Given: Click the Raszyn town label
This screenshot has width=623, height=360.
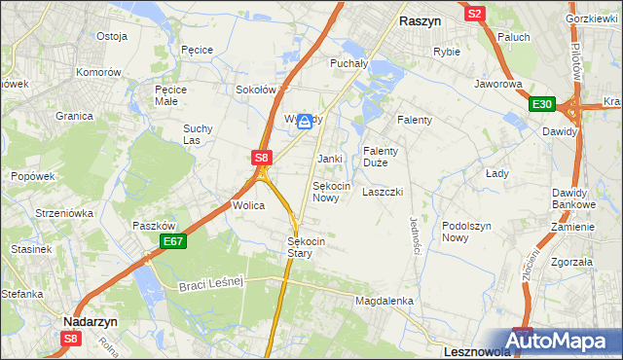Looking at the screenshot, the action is [x=421, y=18].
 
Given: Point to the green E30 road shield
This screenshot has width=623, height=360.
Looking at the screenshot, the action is [x=542, y=105].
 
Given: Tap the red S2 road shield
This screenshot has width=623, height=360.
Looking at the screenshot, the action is [x=475, y=14].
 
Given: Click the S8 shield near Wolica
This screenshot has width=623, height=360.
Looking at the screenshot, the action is [x=261, y=156].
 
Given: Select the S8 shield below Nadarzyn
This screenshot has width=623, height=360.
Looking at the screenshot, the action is [x=70, y=339].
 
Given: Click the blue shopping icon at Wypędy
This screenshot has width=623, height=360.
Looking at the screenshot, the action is [x=306, y=121].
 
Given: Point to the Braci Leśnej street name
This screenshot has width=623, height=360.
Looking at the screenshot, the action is [x=210, y=283].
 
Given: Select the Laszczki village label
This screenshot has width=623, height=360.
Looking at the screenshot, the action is [x=383, y=192].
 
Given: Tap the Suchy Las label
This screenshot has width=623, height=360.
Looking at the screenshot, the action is [x=199, y=134].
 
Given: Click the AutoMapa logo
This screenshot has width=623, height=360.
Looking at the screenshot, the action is [x=566, y=342].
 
